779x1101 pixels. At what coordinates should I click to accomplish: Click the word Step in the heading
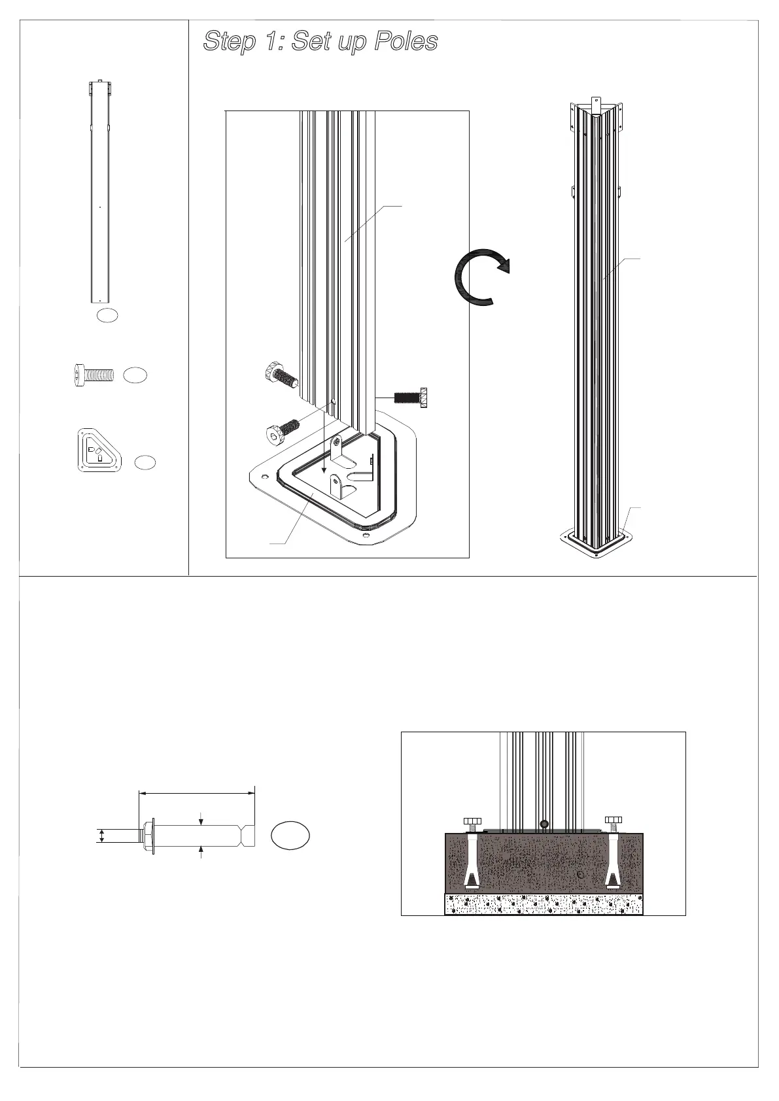pos(229,42)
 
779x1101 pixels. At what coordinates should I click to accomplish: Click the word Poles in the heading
pos(406,42)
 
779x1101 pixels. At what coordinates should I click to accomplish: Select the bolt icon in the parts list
pos(92,375)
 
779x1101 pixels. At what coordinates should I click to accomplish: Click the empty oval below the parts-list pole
pos(107,315)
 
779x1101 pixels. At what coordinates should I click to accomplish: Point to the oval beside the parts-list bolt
pos(135,375)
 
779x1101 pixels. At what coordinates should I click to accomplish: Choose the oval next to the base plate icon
pos(145,462)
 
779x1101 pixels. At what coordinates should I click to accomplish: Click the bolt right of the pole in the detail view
pos(411,397)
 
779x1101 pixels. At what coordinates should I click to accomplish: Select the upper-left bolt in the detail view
pos(281,377)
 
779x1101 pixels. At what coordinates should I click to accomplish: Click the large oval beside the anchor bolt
pos(290,836)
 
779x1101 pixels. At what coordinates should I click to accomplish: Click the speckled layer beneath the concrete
pos(544,904)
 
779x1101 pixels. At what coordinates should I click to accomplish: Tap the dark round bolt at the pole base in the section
pos(543,823)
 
